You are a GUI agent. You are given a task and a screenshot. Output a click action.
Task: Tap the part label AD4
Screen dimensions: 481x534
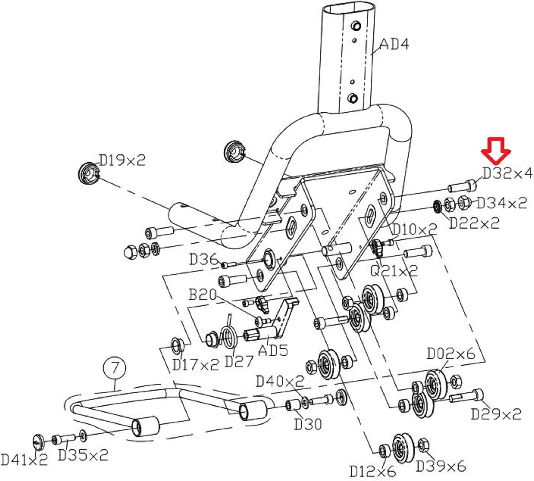coord(394,44)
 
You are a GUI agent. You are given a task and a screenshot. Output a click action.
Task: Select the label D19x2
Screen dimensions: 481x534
coord(122,160)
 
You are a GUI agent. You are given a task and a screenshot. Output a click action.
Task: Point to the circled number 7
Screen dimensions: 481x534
coord(114,368)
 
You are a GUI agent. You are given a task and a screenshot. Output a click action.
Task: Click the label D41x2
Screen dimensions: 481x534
coord(24,460)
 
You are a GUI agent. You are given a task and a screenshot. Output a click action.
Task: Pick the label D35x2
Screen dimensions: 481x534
coord(83,455)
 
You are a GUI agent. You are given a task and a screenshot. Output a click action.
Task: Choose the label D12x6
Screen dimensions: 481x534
coord(372,471)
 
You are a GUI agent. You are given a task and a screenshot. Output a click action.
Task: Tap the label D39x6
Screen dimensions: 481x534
coord(440,466)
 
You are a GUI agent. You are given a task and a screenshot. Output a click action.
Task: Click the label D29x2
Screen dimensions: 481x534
coord(496,414)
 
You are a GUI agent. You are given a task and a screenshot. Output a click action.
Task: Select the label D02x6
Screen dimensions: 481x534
coord(451,354)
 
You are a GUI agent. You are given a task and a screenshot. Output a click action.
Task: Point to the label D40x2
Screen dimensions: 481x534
coord(280,382)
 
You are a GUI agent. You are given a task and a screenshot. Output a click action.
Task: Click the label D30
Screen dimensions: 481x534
coord(308,424)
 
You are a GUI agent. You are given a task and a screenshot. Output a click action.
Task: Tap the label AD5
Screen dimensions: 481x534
coord(273,350)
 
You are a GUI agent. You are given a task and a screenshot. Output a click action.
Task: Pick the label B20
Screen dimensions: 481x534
coord(202,295)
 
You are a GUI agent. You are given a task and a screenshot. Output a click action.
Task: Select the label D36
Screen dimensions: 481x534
coord(203,259)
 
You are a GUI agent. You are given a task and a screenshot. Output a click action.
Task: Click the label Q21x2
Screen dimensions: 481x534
coord(393,271)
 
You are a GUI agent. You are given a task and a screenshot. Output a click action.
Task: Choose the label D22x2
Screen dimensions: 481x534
coord(474,223)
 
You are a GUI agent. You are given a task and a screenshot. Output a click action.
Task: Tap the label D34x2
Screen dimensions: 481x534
coord(501,203)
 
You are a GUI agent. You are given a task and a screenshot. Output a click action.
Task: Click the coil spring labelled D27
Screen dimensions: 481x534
coord(229,336)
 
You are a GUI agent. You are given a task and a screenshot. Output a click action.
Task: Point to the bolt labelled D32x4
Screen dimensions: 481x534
coord(462,186)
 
